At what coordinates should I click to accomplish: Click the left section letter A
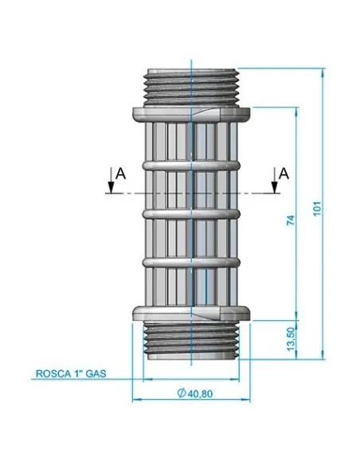119,171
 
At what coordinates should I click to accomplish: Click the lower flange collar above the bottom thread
192,315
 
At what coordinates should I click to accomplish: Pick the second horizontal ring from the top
192,213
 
